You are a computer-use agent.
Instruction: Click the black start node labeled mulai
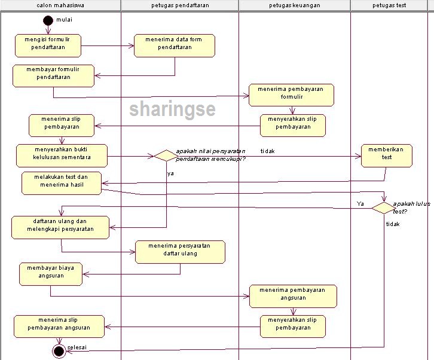(48, 20)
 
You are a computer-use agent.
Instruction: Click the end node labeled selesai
(59, 351)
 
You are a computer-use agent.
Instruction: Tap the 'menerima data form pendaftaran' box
(174, 46)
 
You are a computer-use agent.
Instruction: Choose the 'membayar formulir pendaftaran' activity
(54, 75)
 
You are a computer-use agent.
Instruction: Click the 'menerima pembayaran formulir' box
(291, 95)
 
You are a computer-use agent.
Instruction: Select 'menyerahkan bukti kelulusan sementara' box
(62, 155)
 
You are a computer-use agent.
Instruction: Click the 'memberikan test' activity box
(386, 155)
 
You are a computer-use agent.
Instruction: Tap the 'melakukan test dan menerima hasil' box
(62, 183)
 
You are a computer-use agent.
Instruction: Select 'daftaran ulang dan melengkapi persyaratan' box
(60, 227)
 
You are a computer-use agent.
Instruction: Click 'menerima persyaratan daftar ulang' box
(180, 252)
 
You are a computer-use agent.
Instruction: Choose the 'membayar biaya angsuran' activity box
(50, 273)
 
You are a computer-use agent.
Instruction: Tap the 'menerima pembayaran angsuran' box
(293, 296)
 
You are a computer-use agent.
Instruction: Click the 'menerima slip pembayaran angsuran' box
(59, 326)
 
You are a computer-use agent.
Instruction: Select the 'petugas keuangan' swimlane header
(295, 5)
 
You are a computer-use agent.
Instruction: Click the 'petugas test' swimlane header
(390, 5)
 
